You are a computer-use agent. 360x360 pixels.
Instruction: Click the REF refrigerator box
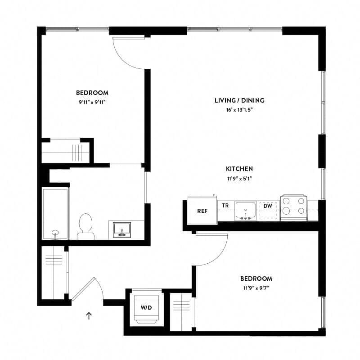pyautogui.click(x=202, y=210)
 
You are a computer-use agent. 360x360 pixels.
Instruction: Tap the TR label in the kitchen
pyautogui.click(x=225, y=206)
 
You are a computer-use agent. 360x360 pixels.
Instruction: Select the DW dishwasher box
pyautogui.click(x=268, y=210)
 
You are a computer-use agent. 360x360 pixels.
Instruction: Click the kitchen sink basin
pyautogui.click(x=245, y=210)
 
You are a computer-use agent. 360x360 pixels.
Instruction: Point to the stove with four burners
pyautogui.click(x=293, y=208)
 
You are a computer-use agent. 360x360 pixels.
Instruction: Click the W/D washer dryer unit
pyautogui.click(x=146, y=308)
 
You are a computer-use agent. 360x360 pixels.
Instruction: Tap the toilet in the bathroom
pyautogui.click(x=85, y=226)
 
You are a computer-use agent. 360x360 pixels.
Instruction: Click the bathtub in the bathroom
pyautogui.click(x=55, y=213)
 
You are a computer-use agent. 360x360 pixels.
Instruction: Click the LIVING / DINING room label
pyautogui.click(x=239, y=100)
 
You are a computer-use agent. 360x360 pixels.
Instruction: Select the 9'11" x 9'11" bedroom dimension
pyautogui.click(x=92, y=102)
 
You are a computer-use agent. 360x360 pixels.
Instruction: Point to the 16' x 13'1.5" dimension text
pyautogui.click(x=239, y=110)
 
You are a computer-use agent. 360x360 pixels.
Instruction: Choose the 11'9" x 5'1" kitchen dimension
pyautogui.click(x=239, y=178)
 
